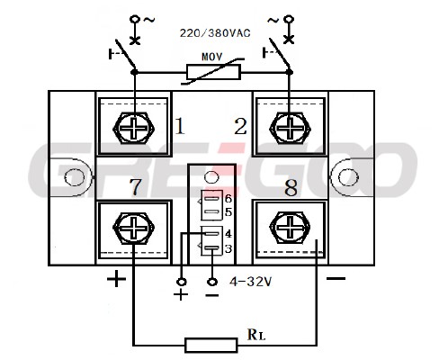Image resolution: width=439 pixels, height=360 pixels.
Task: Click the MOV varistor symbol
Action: pyautogui.click(x=213, y=72)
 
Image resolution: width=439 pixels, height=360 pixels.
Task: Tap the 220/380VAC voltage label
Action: pyautogui.click(x=215, y=33)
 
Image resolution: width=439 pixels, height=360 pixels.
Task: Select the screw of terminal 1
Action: pyautogui.click(x=134, y=129)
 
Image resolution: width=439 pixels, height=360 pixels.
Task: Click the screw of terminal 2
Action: pyautogui.click(x=290, y=129)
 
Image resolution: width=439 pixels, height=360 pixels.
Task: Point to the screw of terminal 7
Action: pyautogui.click(x=134, y=229)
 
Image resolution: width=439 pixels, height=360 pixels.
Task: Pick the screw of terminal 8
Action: pyautogui.click(x=290, y=227)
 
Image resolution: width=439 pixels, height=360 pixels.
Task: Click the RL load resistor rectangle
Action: pyautogui.click(x=211, y=345)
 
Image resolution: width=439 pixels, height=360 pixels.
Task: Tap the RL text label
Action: pyautogui.click(x=256, y=335)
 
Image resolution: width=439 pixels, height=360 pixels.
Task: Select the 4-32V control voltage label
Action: pyautogui.click(x=250, y=282)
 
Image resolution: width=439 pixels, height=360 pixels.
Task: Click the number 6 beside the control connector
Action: pyautogui.click(x=228, y=199)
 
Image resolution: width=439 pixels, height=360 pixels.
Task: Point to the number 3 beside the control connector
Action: pyautogui.click(x=228, y=248)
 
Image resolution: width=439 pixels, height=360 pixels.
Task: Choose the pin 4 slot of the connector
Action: pyautogui.click(x=212, y=233)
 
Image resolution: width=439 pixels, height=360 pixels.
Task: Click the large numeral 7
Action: pyautogui.click(x=136, y=186)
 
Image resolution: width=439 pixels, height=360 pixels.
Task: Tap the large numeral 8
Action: pyautogui.click(x=291, y=188)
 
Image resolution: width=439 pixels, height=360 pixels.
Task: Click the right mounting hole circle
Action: pyautogui.click(x=348, y=177)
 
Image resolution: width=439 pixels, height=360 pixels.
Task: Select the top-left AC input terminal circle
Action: pyautogui.click(x=135, y=20)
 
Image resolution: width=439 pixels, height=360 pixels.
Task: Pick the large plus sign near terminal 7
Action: pyautogui.click(x=116, y=279)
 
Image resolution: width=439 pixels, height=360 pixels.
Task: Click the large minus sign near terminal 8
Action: pyautogui.click(x=336, y=279)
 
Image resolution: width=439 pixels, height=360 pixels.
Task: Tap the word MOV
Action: pyautogui.click(x=211, y=57)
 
